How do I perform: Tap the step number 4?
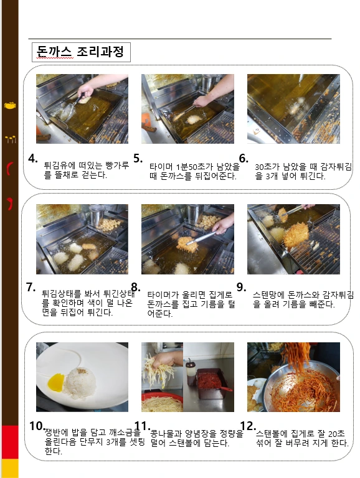34,159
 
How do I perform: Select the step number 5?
138,159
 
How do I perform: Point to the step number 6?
244,159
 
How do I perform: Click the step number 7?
31,288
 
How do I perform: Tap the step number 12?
247,426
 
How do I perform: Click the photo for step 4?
82,109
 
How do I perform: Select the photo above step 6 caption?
293,109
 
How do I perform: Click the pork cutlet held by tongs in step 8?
187,245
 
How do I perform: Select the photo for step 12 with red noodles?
293,377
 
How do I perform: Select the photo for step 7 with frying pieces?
82,239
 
